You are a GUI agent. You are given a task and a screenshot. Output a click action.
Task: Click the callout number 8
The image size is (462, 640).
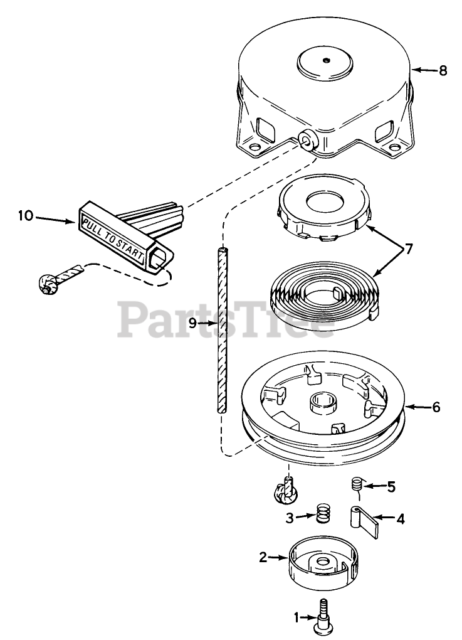[x=443, y=70]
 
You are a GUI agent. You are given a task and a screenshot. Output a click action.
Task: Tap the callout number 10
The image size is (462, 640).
[x=25, y=216]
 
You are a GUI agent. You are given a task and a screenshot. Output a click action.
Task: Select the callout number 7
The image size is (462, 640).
[x=409, y=249]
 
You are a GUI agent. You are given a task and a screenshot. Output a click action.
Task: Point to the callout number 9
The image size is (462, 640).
[x=192, y=323]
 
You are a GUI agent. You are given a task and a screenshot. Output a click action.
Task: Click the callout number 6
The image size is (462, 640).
[x=436, y=407]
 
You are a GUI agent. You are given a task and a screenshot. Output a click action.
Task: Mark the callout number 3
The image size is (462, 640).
[x=290, y=518]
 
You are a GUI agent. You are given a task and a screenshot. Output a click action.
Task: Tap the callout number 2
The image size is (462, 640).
[x=263, y=556]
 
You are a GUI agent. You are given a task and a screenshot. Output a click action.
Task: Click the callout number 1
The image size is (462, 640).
[x=298, y=617]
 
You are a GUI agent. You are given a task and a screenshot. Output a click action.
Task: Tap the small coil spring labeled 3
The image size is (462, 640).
[x=323, y=515]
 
